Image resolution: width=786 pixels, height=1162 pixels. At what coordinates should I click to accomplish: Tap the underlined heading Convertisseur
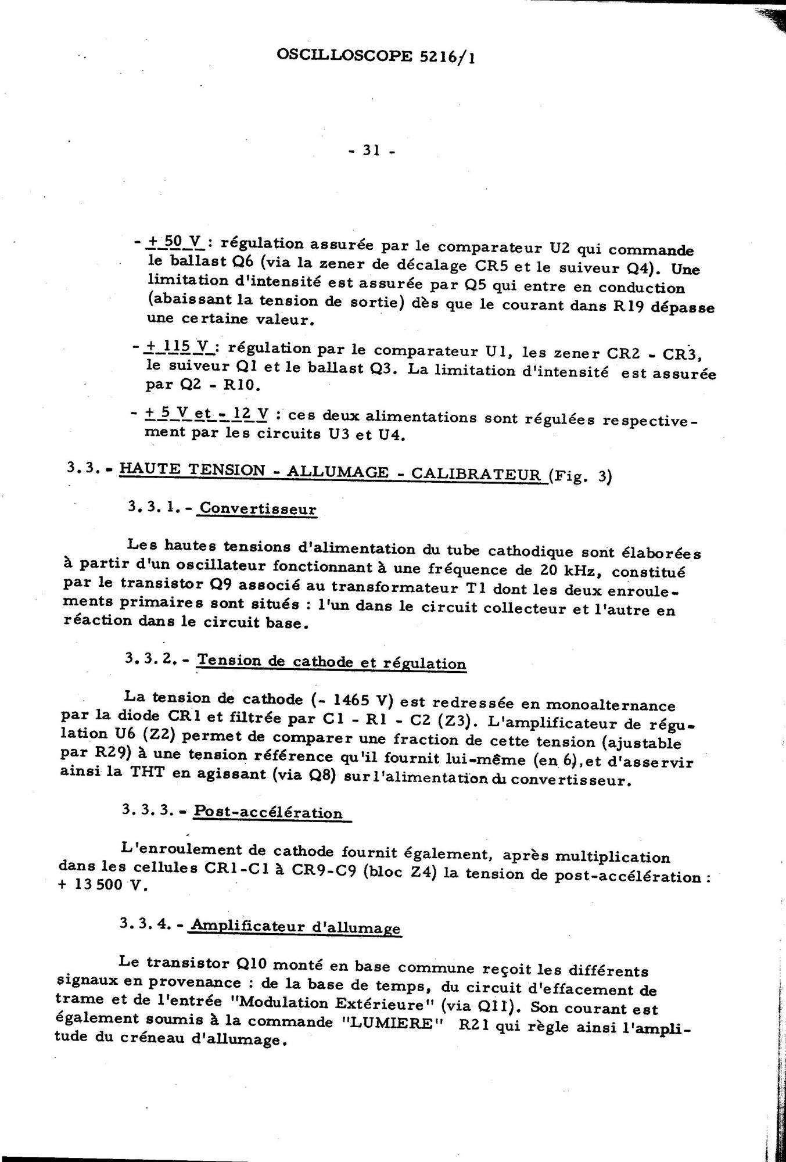pos(258,510)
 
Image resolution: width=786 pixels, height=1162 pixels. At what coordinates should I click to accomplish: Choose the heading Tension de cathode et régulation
pos(332,662)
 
